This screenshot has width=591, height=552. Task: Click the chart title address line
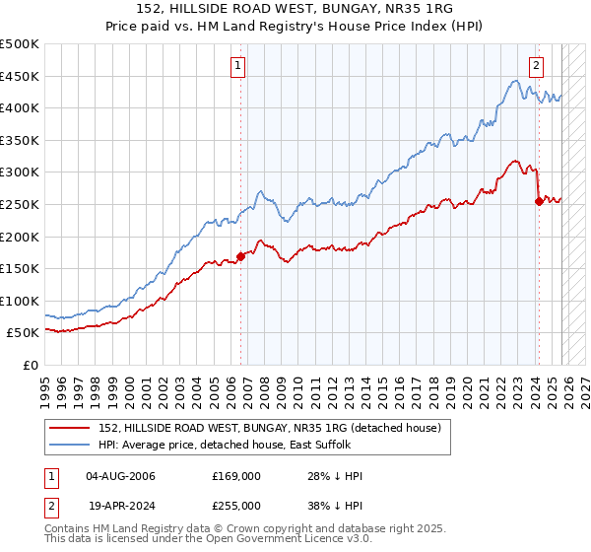295,9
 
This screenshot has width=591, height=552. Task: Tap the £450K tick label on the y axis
20,76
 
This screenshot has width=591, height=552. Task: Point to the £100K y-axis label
20,301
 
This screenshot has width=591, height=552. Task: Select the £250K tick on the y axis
20,204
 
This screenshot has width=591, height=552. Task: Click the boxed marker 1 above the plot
239,66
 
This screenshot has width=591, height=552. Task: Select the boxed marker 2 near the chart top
536,66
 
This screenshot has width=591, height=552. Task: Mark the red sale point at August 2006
240,256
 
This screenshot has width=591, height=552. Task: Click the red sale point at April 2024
539,201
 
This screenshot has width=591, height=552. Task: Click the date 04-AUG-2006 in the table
120,476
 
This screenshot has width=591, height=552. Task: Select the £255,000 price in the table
236,505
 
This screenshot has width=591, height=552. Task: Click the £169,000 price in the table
236,476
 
